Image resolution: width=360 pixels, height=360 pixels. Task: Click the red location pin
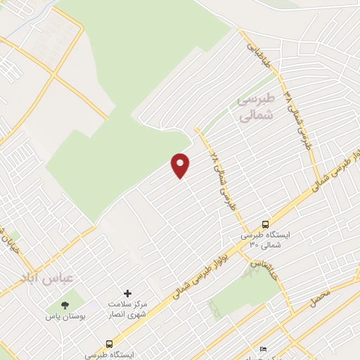(x=181, y=165)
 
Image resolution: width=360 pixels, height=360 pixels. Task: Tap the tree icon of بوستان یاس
(x=65, y=305)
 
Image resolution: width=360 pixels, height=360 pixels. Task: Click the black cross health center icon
(x=127, y=292)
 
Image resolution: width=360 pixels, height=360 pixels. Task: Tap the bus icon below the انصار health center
(x=108, y=344)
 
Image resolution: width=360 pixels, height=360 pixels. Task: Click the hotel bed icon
(x=264, y=349)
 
